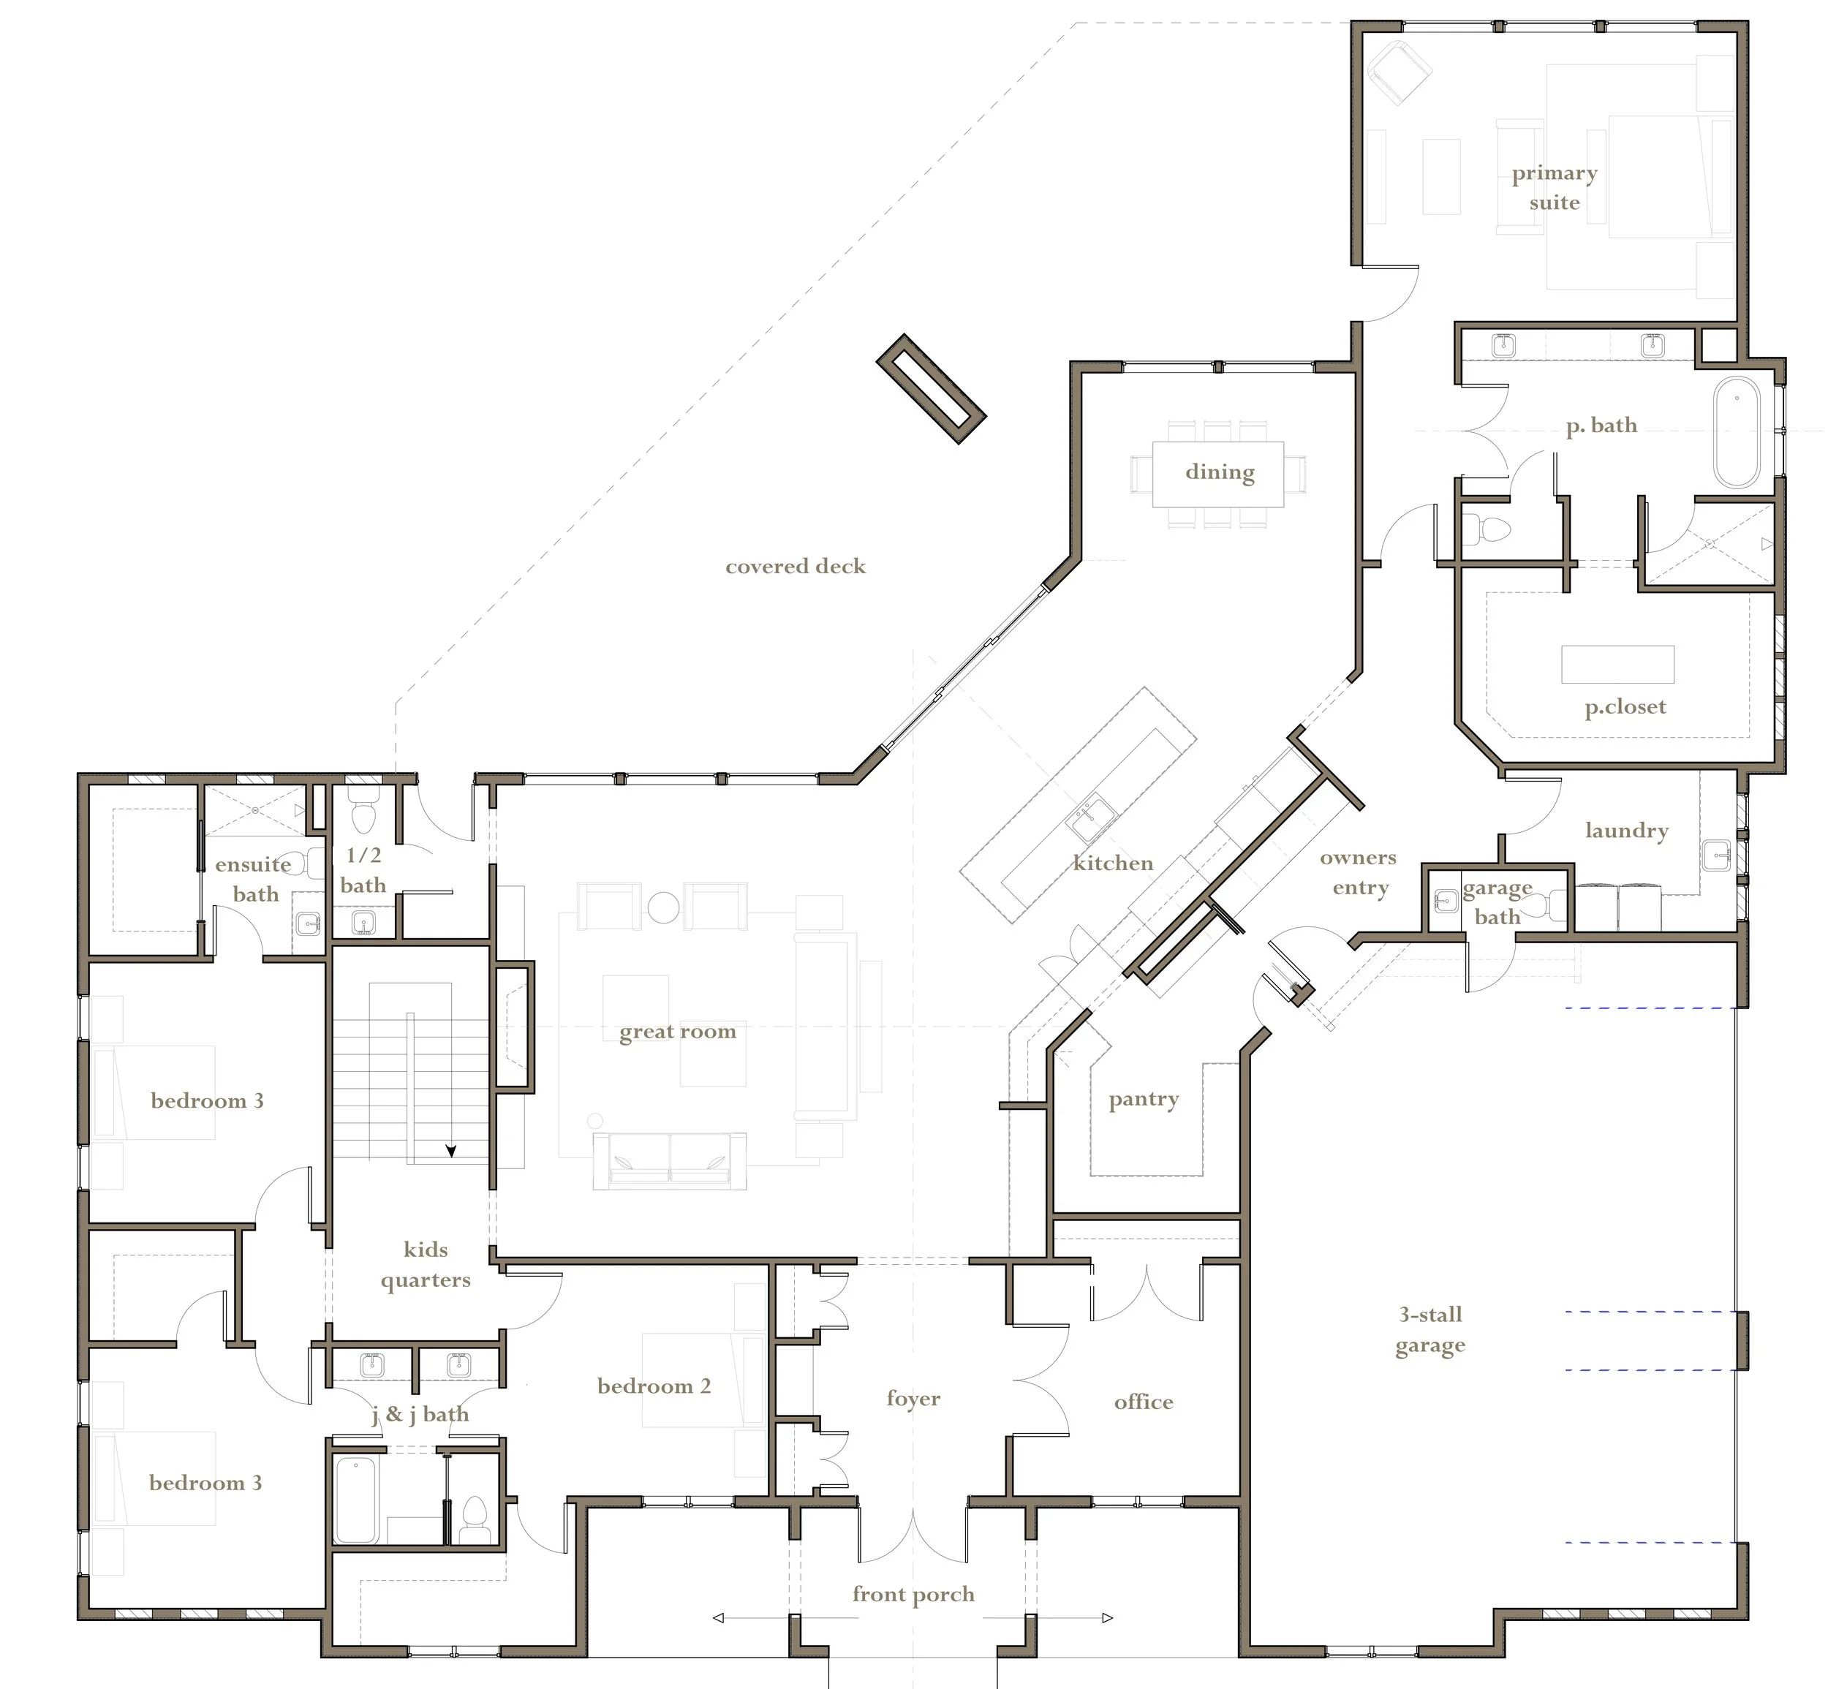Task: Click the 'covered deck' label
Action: (796, 567)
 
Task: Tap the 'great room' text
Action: (677, 1032)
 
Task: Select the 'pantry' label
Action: (1144, 1100)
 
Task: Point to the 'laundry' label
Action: (1626, 831)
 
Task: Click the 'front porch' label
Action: (913, 1595)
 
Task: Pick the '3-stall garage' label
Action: (1430, 1330)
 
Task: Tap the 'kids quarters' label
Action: (426, 1265)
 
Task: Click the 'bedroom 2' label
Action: (654, 1386)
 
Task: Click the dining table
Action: (1217, 474)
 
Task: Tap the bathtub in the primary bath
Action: (1737, 432)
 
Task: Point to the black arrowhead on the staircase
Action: (450, 1152)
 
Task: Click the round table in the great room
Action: (664, 907)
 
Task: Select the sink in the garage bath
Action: (1444, 902)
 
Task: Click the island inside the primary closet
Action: (1617, 665)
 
